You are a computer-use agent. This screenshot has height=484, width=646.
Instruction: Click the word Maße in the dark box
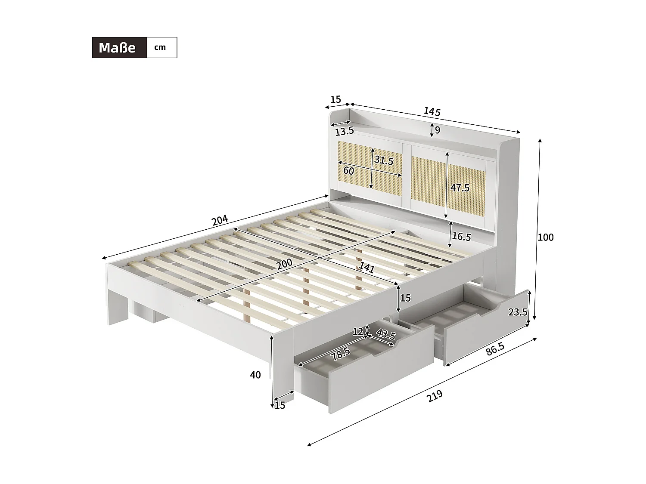pos(117,47)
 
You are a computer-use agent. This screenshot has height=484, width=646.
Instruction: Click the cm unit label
pos(160,47)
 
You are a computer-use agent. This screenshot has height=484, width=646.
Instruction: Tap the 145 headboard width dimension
pos(432,111)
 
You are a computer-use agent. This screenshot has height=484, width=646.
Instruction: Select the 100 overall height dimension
pos(546,237)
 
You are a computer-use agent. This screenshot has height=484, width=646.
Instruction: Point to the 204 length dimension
pos(219,220)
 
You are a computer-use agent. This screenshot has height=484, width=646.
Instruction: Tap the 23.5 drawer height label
pos(518,312)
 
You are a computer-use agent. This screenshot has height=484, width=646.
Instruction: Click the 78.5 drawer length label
pos(340,354)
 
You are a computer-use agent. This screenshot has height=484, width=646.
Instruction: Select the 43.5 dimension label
pos(385,334)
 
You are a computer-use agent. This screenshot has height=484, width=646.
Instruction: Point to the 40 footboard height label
pos(255,375)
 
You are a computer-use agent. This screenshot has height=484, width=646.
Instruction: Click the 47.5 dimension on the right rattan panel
pos(460,188)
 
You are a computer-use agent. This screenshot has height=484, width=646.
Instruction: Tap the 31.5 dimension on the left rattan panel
pos(384,161)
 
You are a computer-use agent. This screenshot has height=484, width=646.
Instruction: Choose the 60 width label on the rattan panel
pos(348,171)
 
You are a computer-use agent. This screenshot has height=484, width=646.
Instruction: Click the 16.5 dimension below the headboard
pos(462,237)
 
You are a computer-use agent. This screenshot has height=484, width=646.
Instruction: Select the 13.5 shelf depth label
pos(345,131)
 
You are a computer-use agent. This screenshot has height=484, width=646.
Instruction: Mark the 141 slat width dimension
pos(366,268)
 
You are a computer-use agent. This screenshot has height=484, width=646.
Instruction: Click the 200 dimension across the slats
pos(284,263)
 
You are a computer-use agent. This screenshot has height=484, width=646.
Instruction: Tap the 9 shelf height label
pos(438,129)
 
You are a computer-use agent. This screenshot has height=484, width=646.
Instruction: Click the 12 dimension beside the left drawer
pos(357,332)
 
